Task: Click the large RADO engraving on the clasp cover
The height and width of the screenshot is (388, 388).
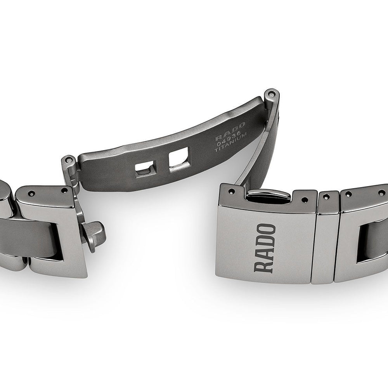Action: coord(265,248)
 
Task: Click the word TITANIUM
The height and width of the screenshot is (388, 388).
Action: coord(230,142)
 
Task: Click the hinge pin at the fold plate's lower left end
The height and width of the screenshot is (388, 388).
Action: coord(69,160)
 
